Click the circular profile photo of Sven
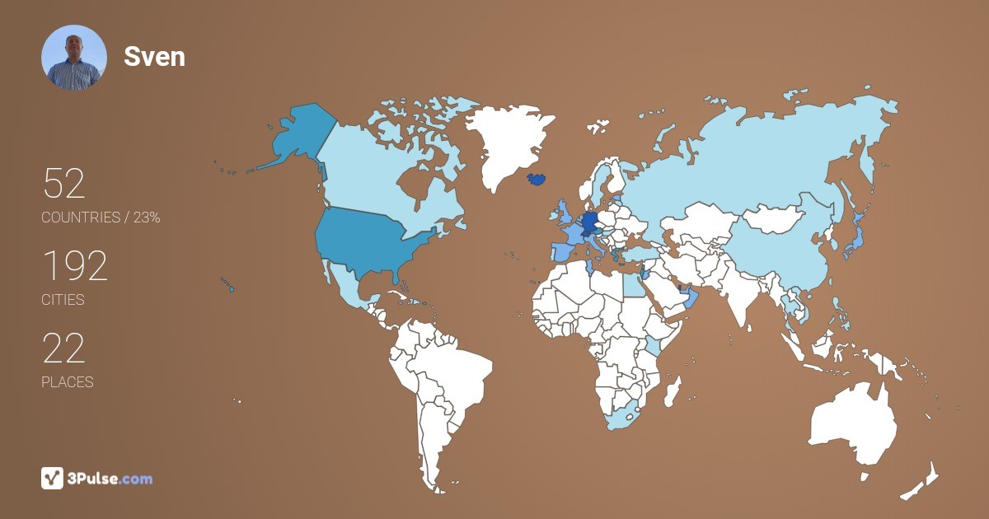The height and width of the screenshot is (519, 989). [74, 58]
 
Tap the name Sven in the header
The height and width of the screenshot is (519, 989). [154, 56]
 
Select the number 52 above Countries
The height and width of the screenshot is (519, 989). [63, 184]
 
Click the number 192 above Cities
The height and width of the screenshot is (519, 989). [75, 266]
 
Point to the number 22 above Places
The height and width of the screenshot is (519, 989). [63, 348]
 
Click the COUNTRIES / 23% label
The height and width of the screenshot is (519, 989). [101, 217]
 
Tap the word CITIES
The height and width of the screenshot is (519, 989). [63, 300]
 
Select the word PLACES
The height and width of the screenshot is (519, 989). [67, 382]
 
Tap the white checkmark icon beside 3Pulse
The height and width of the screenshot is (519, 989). [52, 478]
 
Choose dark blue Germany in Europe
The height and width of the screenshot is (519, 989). [588, 223]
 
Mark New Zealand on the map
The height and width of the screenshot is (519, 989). [923, 482]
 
